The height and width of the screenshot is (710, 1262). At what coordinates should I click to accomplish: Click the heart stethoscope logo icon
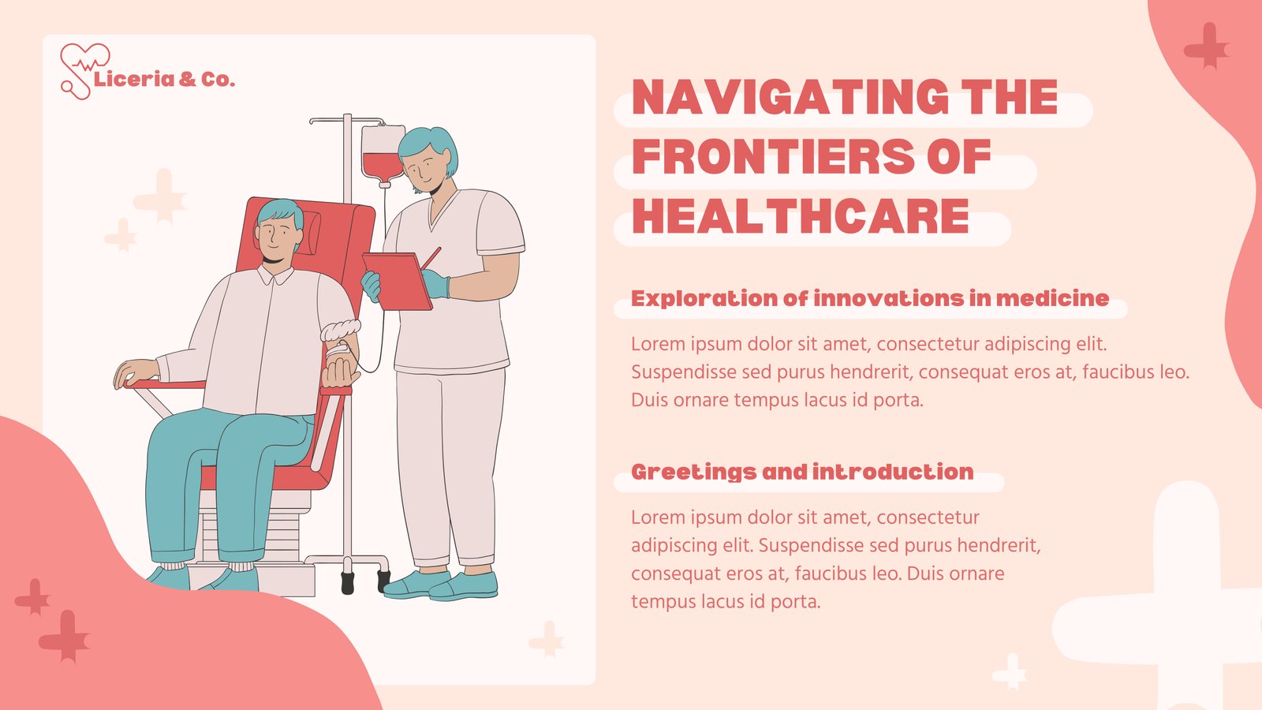tap(84, 71)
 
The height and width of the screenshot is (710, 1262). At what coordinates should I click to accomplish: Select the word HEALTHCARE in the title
tap(801, 216)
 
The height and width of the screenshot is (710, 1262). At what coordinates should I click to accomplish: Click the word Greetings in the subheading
tap(693, 473)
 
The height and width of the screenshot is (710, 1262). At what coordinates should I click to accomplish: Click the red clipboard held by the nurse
tap(397, 281)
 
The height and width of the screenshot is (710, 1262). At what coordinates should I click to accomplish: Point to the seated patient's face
tap(276, 237)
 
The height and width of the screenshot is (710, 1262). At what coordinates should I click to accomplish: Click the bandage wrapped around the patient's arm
tap(340, 331)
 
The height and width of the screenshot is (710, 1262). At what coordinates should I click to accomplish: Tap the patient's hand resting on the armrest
tap(135, 372)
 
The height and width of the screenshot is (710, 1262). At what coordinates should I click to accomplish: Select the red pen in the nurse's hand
tap(431, 259)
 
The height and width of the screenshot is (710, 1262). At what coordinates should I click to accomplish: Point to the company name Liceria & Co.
tap(164, 80)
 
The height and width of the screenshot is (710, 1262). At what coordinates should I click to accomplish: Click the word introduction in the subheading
tap(893, 472)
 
